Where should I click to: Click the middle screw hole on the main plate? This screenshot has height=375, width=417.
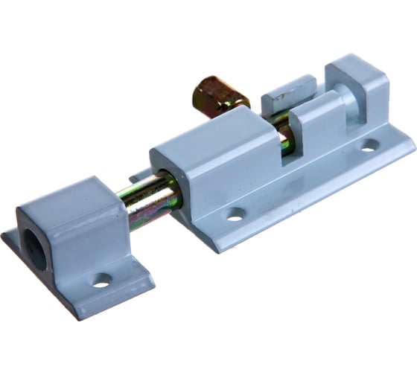pos(235,216)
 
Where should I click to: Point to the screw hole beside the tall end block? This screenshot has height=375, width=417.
pos(369,144)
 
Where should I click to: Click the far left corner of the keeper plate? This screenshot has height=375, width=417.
pos(3,237)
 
